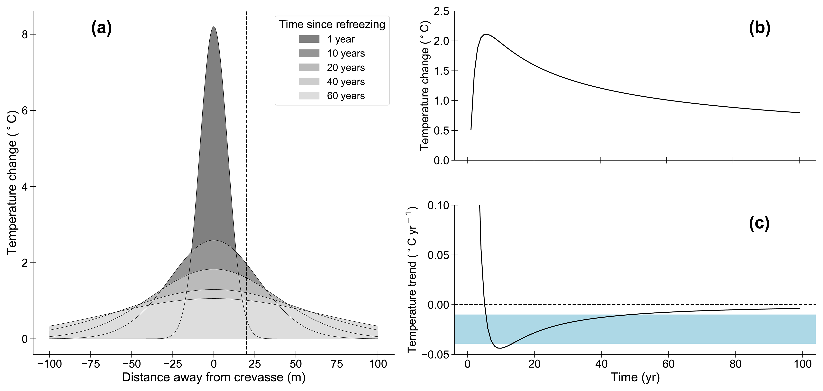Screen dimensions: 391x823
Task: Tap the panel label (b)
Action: (759, 28)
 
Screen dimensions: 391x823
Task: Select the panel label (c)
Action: (759, 224)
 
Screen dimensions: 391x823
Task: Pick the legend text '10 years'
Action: (346, 53)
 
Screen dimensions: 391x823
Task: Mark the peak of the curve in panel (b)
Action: (486, 34)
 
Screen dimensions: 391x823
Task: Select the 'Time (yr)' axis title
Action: (635, 377)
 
